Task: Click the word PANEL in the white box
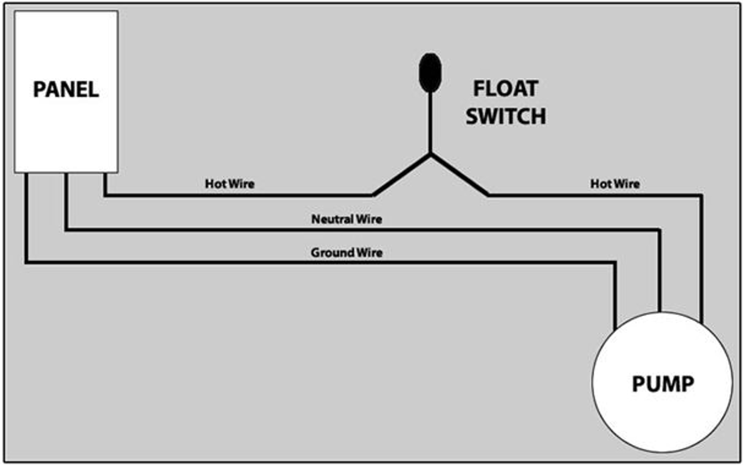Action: (x=66, y=90)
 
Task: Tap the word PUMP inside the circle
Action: (x=663, y=384)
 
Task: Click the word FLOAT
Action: (x=506, y=89)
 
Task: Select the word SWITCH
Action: (x=506, y=117)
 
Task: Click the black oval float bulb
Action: (x=430, y=73)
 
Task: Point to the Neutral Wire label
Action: (x=347, y=219)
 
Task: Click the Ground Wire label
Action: (x=347, y=253)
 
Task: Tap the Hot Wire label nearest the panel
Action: (x=230, y=184)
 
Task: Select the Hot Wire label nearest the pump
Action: (x=615, y=184)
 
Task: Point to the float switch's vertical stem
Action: (x=430, y=123)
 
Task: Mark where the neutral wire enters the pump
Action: (x=659, y=312)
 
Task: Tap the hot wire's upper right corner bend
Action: (x=701, y=196)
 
